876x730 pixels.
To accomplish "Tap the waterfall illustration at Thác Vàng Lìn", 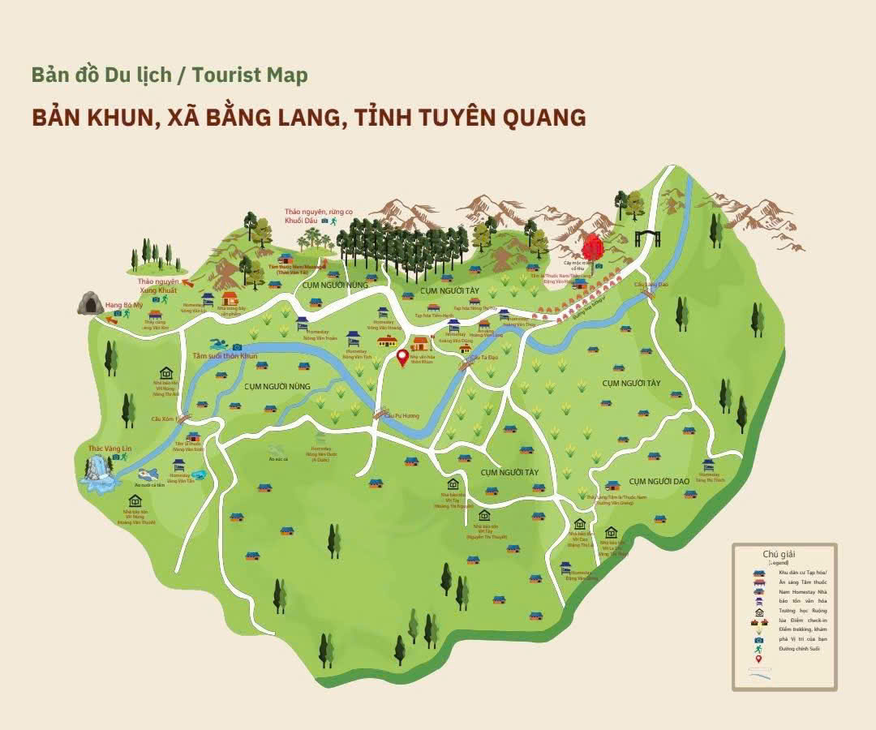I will pos(100,472).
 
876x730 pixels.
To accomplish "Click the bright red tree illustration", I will pos(593,246).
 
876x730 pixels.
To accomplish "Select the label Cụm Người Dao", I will pos(659,481).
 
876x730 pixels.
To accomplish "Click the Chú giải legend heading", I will pos(779,554).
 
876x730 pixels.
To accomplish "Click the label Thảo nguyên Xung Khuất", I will pos(158,285).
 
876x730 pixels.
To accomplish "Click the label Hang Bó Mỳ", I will pos(124,305).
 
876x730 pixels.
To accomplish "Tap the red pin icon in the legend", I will pos(758,658).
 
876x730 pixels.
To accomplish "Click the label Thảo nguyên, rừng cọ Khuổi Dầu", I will pos(306,216).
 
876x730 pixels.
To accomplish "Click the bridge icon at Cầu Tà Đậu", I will pos(466,365).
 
